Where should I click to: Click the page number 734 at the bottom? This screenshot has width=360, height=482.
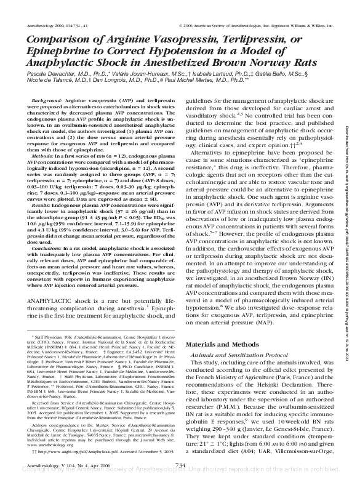180,465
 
